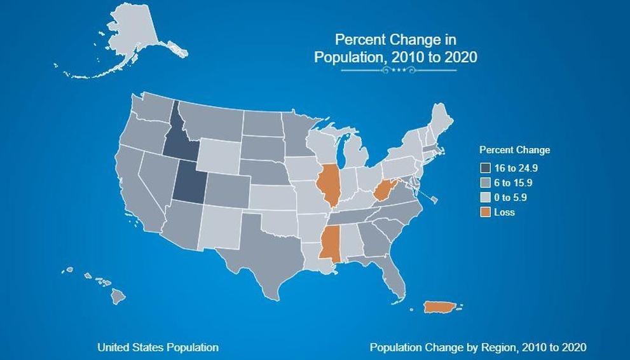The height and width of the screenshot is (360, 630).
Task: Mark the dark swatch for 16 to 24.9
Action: pos(486,169)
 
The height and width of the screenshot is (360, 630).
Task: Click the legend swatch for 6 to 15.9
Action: pos(486,183)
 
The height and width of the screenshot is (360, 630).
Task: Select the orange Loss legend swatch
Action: pos(486,212)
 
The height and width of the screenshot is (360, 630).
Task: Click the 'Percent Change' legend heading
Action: pos(514,150)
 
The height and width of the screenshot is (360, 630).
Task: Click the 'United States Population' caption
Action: pos(158,347)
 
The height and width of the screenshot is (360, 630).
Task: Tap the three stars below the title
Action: pos(399,70)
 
